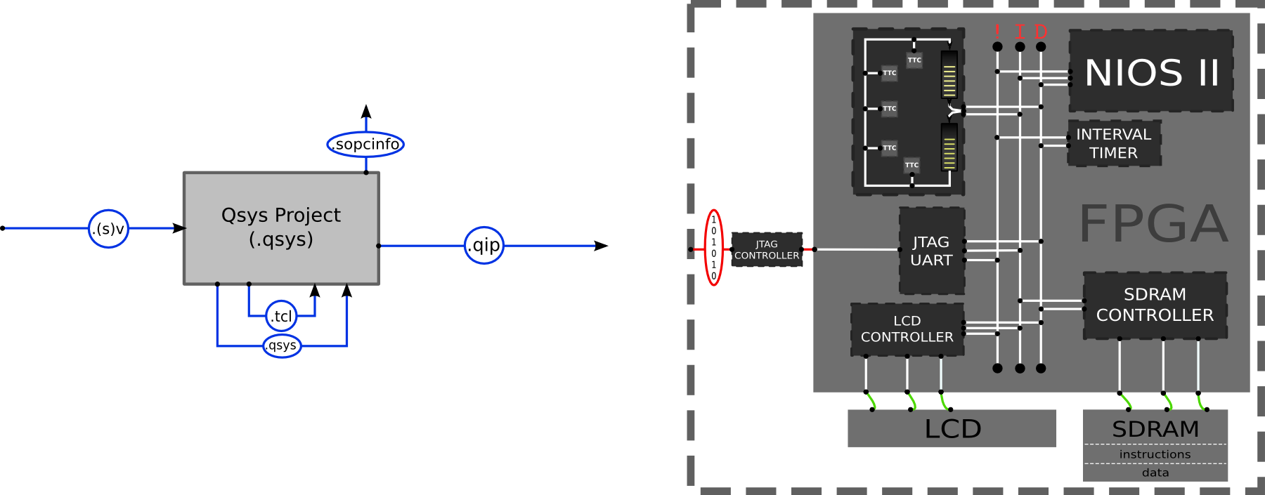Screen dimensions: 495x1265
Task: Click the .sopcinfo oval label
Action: [x=365, y=144]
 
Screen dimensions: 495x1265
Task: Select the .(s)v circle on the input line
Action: [x=108, y=228]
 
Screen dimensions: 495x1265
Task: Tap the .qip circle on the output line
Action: [x=484, y=245]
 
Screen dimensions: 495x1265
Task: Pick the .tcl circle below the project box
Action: [x=281, y=316]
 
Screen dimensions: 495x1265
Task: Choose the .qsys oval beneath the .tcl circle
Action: [x=282, y=345]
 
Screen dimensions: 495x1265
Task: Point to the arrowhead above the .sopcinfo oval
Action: [x=366, y=112]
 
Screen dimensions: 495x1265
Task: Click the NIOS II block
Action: [x=1151, y=71]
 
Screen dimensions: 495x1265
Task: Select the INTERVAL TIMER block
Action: [x=1114, y=143]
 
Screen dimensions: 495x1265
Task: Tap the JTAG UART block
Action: [x=931, y=251]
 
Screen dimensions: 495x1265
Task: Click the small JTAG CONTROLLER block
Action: [x=767, y=250]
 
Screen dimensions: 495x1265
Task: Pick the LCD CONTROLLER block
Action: [x=907, y=329]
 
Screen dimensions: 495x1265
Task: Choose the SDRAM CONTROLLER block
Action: [x=1155, y=305]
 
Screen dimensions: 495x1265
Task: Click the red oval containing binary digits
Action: [x=713, y=247]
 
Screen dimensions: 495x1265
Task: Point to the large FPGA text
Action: [x=1153, y=224]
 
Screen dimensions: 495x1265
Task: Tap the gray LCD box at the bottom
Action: [x=952, y=428]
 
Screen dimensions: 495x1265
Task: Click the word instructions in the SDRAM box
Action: [x=1155, y=454]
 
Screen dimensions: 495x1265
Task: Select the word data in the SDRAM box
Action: [x=1155, y=473]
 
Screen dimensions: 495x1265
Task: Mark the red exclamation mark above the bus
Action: [x=997, y=32]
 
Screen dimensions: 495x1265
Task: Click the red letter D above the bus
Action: [x=1041, y=32]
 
